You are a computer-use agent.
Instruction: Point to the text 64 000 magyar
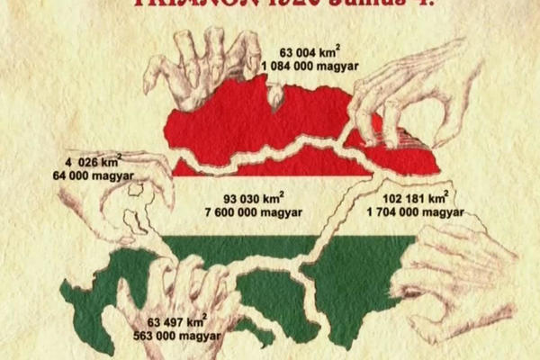pyautogui.click(x=88, y=177)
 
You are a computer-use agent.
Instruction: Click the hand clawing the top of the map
pyautogui.click(x=202, y=63)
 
